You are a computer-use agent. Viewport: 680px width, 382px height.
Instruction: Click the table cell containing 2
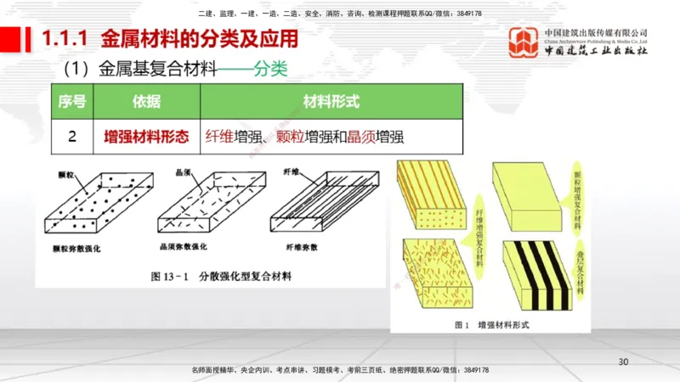click(71, 135)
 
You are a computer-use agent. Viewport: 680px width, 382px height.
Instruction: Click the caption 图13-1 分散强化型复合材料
click(221, 277)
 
